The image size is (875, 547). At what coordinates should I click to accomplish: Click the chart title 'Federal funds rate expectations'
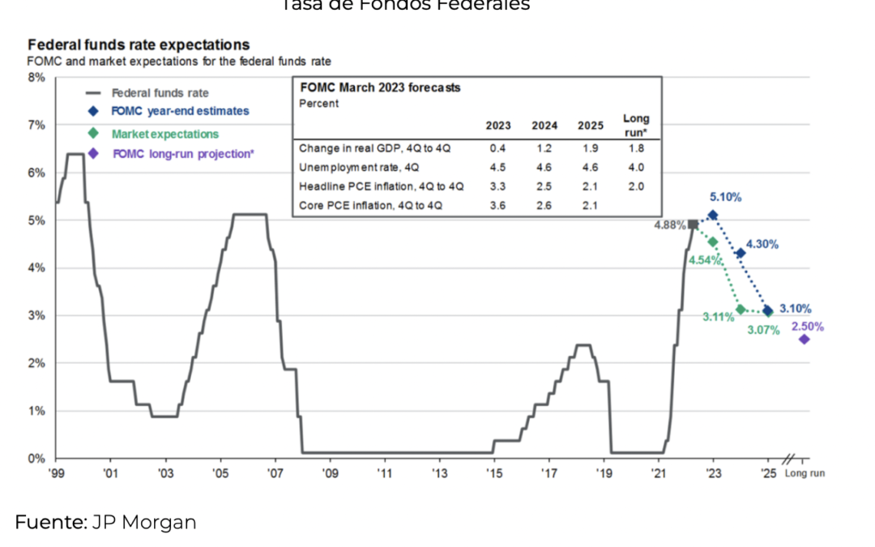[139, 45]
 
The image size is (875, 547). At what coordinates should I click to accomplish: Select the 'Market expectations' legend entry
[164, 134]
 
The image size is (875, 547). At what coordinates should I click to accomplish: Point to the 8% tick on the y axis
[37, 78]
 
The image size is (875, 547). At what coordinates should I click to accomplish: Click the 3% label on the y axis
[37, 315]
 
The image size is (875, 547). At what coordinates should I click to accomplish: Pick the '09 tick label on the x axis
[330, 472]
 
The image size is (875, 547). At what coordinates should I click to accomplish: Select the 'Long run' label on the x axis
[805, 473]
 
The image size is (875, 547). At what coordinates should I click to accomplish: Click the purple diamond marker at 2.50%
[804, 340]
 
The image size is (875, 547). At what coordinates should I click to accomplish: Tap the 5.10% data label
[725, 197]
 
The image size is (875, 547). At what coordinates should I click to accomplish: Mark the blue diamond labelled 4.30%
[741, 254]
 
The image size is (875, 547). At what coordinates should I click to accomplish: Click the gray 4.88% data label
[669, 224]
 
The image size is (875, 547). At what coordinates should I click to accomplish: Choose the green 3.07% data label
[762, 330]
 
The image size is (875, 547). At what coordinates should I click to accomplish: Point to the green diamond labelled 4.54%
[713, 242]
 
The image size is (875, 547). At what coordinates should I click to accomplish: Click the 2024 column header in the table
[544, 126]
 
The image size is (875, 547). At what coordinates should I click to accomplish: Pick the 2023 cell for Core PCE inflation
[497, 206]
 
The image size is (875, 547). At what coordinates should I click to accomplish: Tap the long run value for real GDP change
[636, 148]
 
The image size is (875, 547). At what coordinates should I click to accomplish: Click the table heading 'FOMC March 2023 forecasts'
[380, 88]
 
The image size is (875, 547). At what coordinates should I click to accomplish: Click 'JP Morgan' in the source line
[143, 523]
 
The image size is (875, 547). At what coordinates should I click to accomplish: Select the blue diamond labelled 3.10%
[768, 311]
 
